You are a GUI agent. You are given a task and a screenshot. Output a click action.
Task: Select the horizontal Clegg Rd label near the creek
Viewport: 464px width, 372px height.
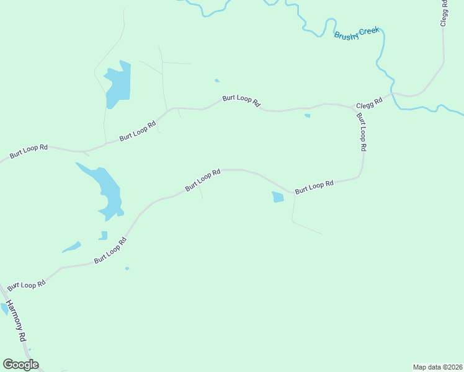coord(368,104)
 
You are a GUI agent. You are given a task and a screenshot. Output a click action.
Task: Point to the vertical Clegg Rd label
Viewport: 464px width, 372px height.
coord(444,12)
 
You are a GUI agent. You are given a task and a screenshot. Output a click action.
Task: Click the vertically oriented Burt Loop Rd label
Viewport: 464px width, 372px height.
coord(360,131)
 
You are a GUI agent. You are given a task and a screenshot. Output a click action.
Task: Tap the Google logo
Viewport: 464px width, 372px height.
coord(20,365)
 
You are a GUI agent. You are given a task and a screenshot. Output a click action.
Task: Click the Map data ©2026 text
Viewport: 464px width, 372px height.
coord(437,367)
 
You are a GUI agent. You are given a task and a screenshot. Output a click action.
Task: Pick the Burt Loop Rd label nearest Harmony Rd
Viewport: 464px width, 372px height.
coord(27,284)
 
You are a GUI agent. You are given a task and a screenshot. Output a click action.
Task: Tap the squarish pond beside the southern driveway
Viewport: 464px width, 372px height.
coord(277,197)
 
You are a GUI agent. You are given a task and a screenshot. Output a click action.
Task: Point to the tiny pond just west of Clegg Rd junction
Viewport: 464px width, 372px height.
coord(307,115)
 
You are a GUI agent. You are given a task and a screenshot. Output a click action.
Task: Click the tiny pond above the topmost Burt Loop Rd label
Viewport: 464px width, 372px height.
coord(216,81)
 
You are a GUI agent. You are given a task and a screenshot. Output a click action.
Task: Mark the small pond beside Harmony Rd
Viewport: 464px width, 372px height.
coord(5,308)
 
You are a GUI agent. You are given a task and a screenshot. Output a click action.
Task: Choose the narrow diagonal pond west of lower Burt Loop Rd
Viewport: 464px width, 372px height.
coord(71,247)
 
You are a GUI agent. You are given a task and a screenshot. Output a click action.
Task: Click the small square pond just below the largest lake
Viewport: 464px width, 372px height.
coord(103,235)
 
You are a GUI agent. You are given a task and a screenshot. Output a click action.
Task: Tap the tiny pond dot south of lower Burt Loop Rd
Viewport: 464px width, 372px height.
coord(127,268)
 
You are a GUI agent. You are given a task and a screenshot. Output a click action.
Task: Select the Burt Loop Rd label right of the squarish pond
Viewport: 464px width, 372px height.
coord(314,187)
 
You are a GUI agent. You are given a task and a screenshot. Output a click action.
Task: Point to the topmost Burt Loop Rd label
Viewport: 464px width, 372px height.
coord(241,100)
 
